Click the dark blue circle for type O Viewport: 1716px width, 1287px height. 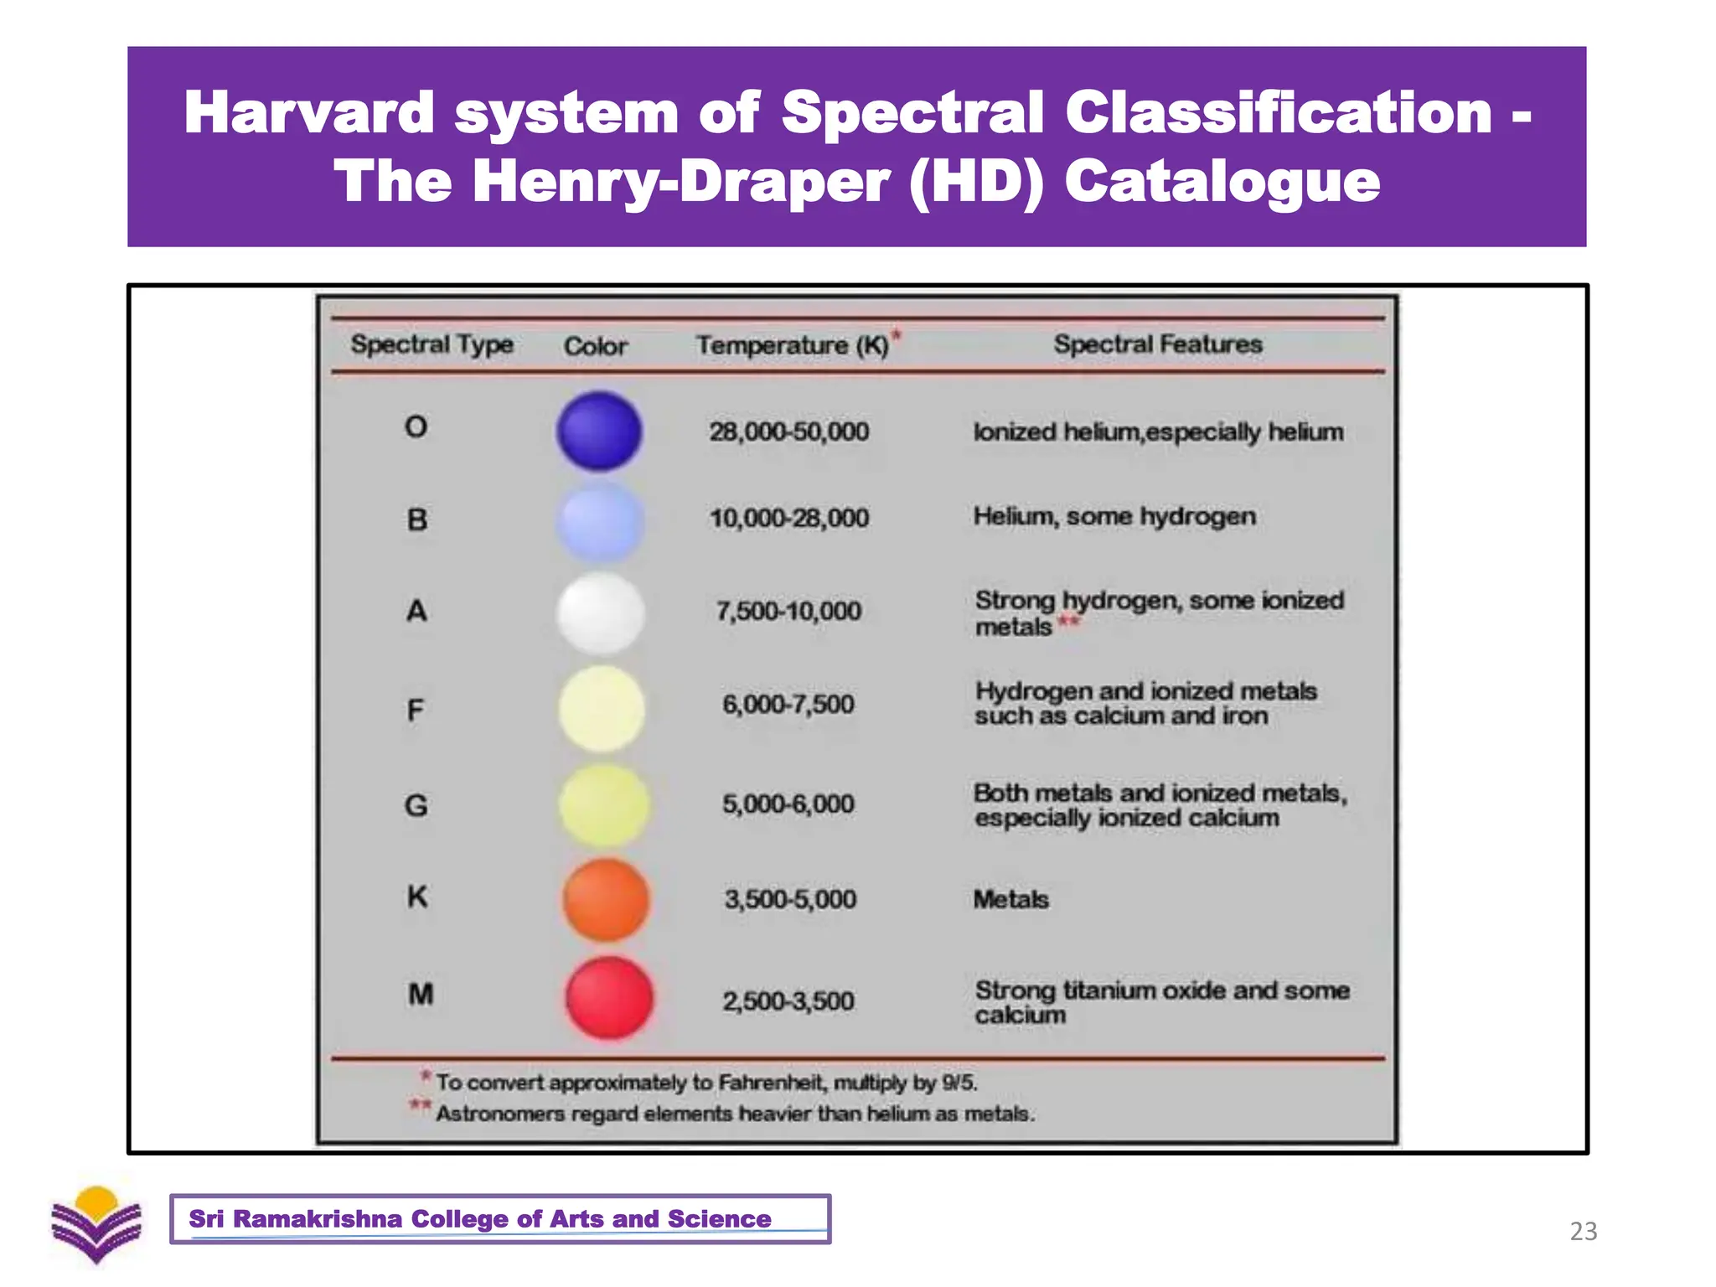pyautogui.click(x=599, y=431)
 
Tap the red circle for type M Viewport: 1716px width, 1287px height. pyautogui.click(x=609, y=998)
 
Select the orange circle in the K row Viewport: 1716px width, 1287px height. pyautogui.click(x=606, y=899)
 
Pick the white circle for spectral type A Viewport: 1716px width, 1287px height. pyautogui.click(x=601, y=612)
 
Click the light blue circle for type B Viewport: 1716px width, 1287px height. pyautogui.click(x=600, y=520)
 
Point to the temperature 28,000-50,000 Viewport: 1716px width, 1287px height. pyautogui.click(x=788, y=432)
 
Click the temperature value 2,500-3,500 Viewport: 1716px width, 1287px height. pyautogui.click(x=788, y=1000)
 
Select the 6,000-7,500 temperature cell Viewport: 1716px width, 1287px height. pyautogui.click(x=788, y=704)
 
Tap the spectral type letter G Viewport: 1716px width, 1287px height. pyautogui.click(x=416, y=805)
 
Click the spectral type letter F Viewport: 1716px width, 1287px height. pyautogui.click(x=415, y=711)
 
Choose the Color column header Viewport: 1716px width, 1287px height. pyautogui.click(x=595, y=345)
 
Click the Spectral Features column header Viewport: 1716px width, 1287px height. pyautogui.click(x=1157, y=344)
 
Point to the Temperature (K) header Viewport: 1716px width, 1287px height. pyautogui.click(x=793, y=344)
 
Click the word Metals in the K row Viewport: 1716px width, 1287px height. pyautogui.click(x=1010, y=899)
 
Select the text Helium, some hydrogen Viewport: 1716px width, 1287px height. pyautogui.click(x=1114, y=516)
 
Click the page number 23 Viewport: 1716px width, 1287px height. pyautogui.click(x=1583, y=1231)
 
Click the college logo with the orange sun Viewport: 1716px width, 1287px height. pyautogui.click(x=96, y=1224)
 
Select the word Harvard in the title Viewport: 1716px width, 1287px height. pyautogui.click(x=308, y=112)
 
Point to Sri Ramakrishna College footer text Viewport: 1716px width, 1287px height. pyautogui.click(x=479, y=1218)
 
